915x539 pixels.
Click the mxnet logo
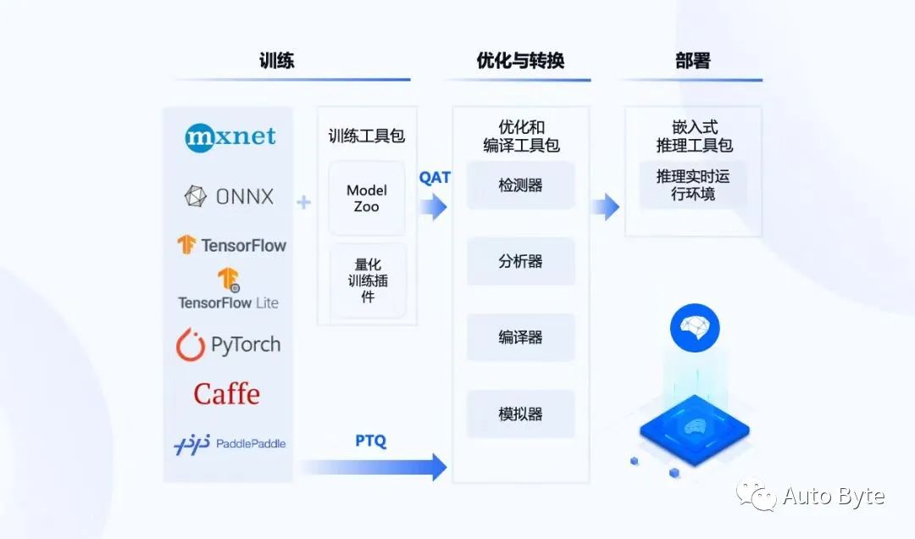coord(230,138)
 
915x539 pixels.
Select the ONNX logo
coord(229,197)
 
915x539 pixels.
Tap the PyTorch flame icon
coord(191,345)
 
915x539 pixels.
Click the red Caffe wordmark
coord(226,393)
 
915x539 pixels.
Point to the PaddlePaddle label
coord(251,443)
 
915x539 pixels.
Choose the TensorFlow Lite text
coord(228,303)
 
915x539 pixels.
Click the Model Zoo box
coord(367,198)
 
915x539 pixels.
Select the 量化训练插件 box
coord(368,281)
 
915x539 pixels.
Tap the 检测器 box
coord(520,185)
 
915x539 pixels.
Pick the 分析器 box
coord(520,261)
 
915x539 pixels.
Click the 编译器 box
coord(520,337)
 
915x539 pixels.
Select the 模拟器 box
coord(520,414)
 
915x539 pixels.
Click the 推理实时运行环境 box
coord(693,185)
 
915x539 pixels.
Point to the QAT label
coord(435,177)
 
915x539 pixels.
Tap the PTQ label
coord(371,441)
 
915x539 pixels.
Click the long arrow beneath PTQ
coord(374,467)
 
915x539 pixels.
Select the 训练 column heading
coord(276,60)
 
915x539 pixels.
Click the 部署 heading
coord(693,60)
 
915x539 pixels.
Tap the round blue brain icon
coord(695,328)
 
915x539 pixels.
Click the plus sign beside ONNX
coord(303,202)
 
